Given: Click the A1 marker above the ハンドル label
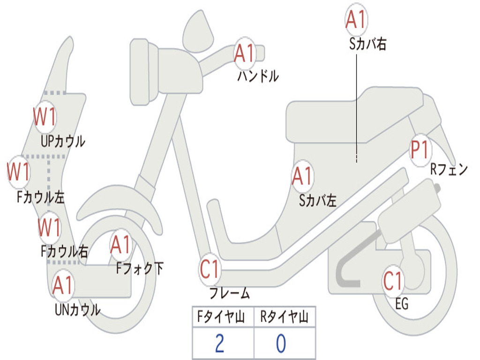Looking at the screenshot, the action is point(245,54).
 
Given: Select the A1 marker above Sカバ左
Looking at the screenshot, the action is point(302,176).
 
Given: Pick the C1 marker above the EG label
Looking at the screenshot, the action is point(393,281).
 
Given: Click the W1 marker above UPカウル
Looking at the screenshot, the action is point(45,117).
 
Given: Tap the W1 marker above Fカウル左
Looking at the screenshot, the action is point(18,172).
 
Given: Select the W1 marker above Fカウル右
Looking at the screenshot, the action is point(49,227).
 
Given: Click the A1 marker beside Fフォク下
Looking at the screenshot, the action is point(120,245).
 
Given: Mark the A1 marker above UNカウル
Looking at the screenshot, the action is point(63,285).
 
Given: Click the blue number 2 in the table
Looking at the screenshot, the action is point(220,343).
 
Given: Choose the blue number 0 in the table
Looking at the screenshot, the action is point(281,343).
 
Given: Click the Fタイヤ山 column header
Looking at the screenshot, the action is point(221,316).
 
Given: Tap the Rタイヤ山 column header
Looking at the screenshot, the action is point(284,316).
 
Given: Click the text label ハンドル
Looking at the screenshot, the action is point(258,76).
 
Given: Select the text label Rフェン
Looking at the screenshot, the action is point(449,169).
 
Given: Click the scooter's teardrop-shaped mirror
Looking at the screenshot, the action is point(198,31).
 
